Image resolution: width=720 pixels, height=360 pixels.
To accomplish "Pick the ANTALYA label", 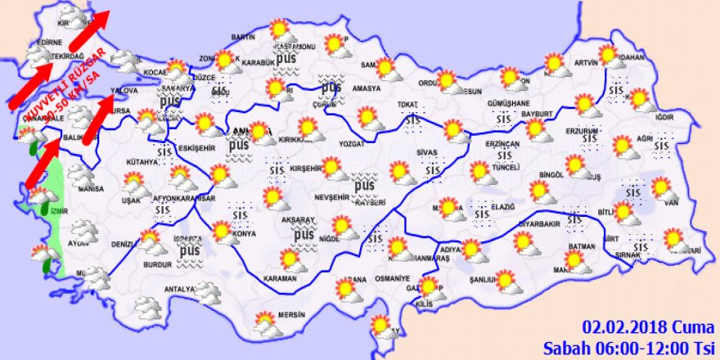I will [179, 289].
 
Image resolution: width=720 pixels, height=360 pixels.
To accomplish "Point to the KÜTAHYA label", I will [142, 162].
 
